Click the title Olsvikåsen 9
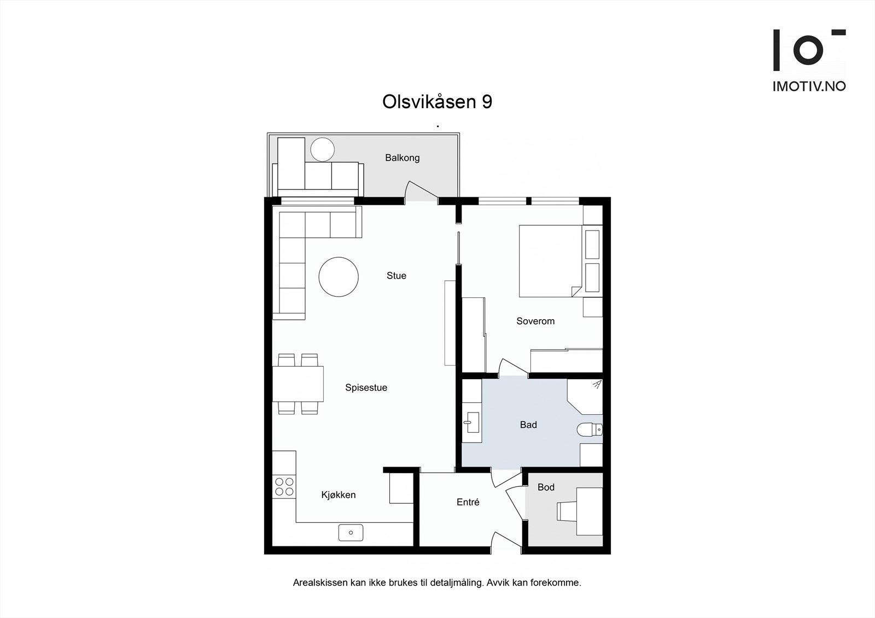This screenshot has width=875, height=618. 437,102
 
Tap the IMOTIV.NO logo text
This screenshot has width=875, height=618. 809,86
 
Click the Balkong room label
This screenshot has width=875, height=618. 402,158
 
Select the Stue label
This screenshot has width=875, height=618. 396,276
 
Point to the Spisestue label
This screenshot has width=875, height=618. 366,388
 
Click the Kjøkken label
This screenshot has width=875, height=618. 338,495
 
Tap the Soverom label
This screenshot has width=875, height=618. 535,321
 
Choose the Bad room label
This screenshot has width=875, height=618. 528,425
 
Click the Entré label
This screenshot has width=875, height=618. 468,502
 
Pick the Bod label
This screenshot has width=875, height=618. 546,487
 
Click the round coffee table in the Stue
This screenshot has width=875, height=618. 339,277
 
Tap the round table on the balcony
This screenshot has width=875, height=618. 322,149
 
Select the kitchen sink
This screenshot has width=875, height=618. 351,532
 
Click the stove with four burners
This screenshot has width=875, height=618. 284,486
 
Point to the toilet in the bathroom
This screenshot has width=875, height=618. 590,430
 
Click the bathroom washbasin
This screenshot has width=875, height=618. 471,422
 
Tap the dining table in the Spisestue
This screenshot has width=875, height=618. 298,384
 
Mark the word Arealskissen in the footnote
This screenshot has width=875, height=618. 320,583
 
